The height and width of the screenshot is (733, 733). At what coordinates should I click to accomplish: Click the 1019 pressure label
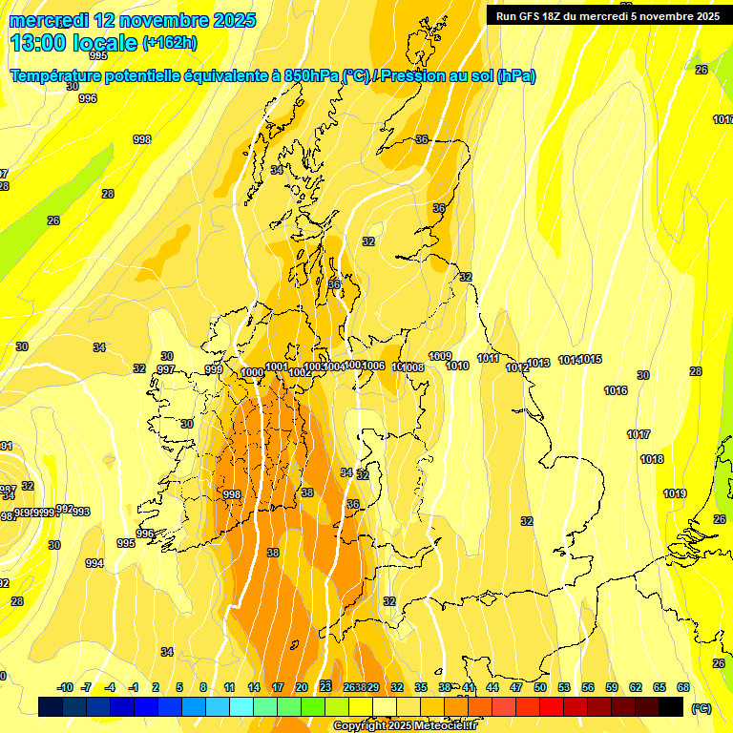point(675,493)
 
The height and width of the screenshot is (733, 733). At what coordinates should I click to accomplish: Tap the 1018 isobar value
point(652,459)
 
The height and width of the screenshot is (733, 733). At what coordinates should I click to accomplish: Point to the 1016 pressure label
point(616,390)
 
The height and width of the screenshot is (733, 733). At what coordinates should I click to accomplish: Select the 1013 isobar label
point(538,363)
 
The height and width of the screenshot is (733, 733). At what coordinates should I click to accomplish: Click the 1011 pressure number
point(488,358)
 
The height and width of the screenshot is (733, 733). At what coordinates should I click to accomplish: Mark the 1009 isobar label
point(440,356)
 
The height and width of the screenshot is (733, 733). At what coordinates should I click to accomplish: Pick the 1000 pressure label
point(253,372)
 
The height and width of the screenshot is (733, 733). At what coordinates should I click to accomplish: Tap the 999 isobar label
point(214,369)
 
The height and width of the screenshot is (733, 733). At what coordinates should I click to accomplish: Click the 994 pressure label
point(94,563)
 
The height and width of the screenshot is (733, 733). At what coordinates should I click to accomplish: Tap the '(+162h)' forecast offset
point(169,43)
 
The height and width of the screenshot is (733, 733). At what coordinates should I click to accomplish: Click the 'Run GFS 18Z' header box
point(607,15)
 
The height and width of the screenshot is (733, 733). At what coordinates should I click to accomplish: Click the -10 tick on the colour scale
point(65,687)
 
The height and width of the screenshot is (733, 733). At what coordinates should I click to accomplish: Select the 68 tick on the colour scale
point(683,687)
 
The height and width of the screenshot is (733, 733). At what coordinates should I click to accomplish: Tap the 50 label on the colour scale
point(540,687)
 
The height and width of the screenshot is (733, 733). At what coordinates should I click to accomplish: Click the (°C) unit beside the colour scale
point(701,707)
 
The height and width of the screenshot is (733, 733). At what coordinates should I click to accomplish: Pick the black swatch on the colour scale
point(671,706)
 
